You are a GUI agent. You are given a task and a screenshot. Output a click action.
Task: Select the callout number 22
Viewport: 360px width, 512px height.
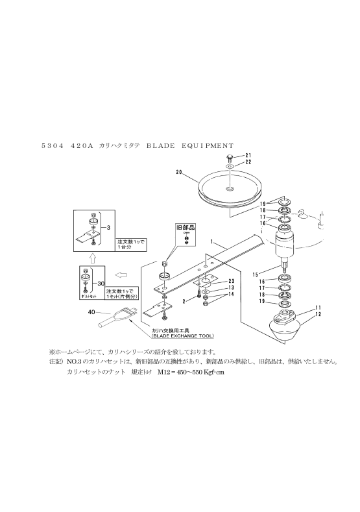[248, 162]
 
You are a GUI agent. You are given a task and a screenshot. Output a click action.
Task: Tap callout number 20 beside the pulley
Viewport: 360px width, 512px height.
[179, 172]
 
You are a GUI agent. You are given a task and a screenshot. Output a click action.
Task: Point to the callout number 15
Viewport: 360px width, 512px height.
[255, 274]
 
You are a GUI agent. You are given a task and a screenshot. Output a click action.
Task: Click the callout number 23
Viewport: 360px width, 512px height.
[231, 280]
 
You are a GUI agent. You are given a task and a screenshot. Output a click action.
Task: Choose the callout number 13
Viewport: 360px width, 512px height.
[231, 287]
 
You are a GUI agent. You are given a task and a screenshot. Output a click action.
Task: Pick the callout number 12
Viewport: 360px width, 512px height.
[318, 314]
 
